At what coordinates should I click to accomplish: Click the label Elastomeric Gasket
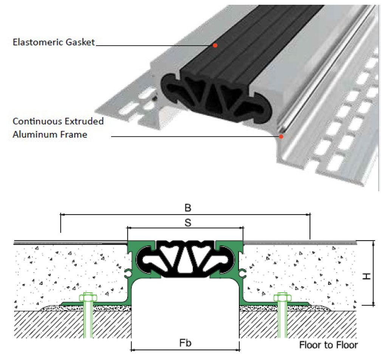(x=54, y=42)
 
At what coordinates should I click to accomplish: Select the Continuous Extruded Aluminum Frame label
(x=58, y=128)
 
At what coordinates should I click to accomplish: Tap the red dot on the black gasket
(x=215, y=45)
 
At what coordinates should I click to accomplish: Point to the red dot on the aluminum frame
(x=281, y=136)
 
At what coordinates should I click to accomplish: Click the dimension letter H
(x=365, y=277)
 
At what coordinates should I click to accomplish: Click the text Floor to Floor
(x=328, y=345)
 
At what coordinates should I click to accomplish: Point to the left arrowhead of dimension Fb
(x=133, y=349)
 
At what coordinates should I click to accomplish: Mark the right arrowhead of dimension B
(x=308, y=214)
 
